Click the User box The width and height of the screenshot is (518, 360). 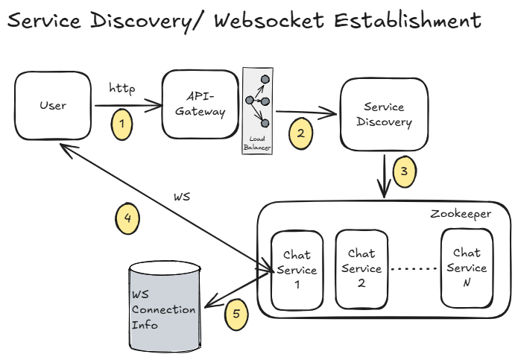pyautogui.click(x=52, y=105)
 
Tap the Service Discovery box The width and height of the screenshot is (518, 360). pyautogui.click(x=384, y=115)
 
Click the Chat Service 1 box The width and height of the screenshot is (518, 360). pyautogui.click(x=297, y=270)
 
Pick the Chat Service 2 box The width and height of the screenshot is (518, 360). pyautogui.click(x=361, y=268)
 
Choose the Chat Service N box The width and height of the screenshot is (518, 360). pyautogui.click(x=467, y=268)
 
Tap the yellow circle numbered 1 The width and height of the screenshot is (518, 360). pyautogui.click(x=121, y=124)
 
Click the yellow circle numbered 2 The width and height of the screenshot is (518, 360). pyautogui.click(x=300, y=133)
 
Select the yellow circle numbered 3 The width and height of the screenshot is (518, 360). pyautogui.click(x=404, y=171)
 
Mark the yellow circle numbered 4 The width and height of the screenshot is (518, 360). pyautogui.click(x=127, y=218)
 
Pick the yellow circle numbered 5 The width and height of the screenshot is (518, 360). pyautogui.click(x=236, y=314)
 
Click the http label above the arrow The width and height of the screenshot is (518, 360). pyautogui.click(x=121, y=89)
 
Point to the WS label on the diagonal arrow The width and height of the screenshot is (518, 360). pyautogui.click(x=183, y=198)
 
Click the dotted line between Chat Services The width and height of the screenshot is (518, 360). pyautogui.click(x=412, y=268)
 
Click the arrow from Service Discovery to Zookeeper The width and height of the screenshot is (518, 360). pyautogui.click(x=385, y=176)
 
